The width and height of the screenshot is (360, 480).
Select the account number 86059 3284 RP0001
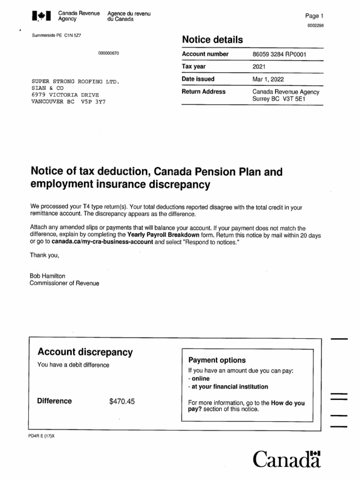279,54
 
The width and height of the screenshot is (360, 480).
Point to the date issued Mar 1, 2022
268,79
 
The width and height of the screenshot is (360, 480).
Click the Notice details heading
212,40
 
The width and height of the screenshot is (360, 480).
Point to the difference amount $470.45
122,401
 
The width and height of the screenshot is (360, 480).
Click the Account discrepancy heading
85,352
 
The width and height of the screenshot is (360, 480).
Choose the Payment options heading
217,360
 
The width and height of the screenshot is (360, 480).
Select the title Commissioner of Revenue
64,283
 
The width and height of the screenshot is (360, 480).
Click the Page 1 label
311,16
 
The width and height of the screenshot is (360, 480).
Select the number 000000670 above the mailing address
108,53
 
